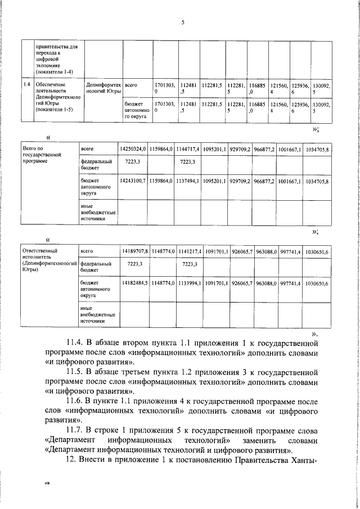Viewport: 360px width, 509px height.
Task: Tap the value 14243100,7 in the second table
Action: click(x=133, y=182)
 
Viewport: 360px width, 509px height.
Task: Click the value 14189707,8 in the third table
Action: click(x=134, y=251)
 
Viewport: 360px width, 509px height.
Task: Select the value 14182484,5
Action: click(x=134, y=284)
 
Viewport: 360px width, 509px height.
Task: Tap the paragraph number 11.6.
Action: click(x=75, y=403)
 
